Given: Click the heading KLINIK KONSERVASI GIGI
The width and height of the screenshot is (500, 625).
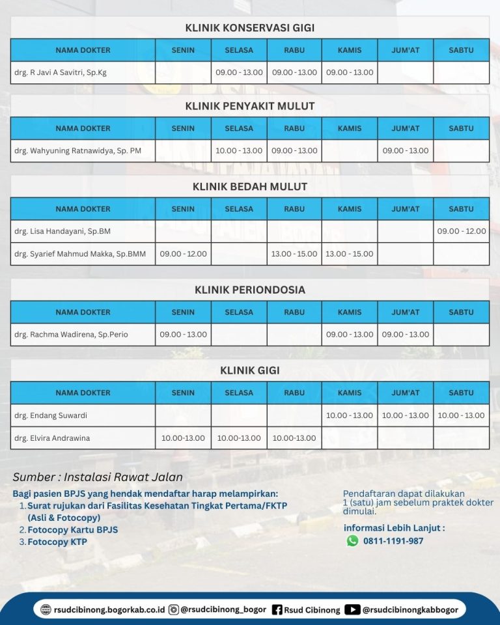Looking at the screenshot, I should click(x=249, y=28).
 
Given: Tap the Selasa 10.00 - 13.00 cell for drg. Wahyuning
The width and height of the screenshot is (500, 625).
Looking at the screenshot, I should click(x=239, y=150).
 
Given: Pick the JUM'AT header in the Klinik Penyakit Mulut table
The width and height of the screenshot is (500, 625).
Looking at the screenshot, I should click(x=406, y=128).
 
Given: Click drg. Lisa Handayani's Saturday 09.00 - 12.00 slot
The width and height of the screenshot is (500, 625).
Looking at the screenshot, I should click(x=461, y=231).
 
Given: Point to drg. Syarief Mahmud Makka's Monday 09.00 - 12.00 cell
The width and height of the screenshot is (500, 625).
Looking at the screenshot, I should click(x=183, y=254).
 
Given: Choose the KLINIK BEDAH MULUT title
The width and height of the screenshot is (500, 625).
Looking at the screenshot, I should click(x=249, y=187).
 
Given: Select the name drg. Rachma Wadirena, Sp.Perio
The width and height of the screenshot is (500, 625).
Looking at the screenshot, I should click(x=71, y=335).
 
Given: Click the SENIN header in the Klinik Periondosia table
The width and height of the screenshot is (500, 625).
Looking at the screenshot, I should click(x=183, y=312).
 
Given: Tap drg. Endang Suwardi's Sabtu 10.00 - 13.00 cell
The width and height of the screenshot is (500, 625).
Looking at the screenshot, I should click(x=461, y=415).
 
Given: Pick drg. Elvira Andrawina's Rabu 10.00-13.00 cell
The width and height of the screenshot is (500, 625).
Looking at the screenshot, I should click(x=294, y=438).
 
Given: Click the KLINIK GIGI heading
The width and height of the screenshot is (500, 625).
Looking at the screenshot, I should click(x=249, y=370).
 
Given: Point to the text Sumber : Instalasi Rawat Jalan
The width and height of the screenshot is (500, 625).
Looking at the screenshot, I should click(x=98, y=477).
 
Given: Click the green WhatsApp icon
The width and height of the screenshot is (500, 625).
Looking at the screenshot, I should click(x=352, y=540).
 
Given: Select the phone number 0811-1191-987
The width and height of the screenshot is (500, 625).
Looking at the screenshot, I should click(x=393, y=540).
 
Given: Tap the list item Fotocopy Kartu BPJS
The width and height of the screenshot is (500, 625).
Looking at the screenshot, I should click(x=72, y=530).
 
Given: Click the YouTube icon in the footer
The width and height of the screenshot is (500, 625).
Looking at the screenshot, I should click(x=352, y=610).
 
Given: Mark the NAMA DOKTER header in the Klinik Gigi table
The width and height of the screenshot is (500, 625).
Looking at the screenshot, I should click(x=83, y=393).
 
